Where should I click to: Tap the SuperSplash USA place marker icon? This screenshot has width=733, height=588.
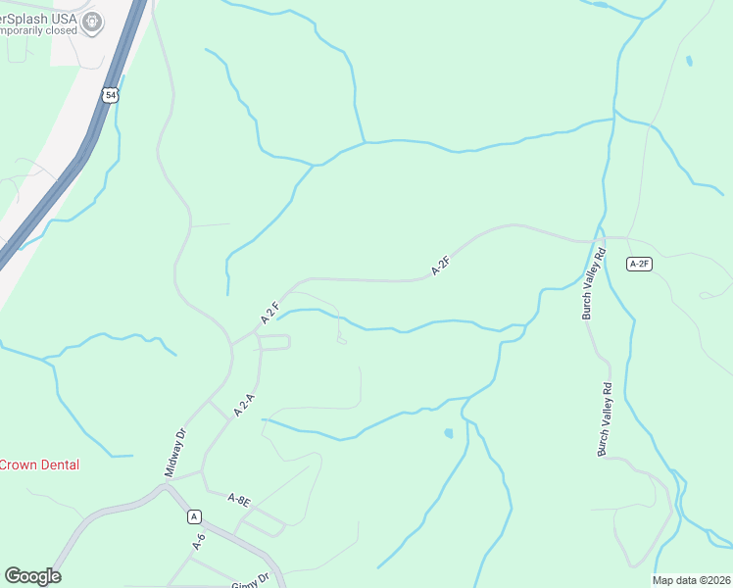point(94,22)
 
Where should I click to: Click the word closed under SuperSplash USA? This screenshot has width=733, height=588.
point(61,30)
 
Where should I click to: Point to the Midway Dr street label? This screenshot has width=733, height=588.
point(174,453)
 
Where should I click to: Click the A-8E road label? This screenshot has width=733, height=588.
point(240,501)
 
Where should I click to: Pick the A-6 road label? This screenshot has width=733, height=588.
point(199,541)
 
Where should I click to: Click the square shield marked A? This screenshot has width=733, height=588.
point(194,516)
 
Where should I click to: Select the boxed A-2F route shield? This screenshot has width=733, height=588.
point(640,263)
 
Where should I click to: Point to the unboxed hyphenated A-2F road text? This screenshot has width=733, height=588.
point(441,265)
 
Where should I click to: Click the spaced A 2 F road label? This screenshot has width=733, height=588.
point(271,313)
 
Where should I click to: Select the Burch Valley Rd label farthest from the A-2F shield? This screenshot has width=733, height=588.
point(605,419)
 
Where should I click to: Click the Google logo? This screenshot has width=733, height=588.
point(32,576)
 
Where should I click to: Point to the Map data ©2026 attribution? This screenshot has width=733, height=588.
point(691,580)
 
